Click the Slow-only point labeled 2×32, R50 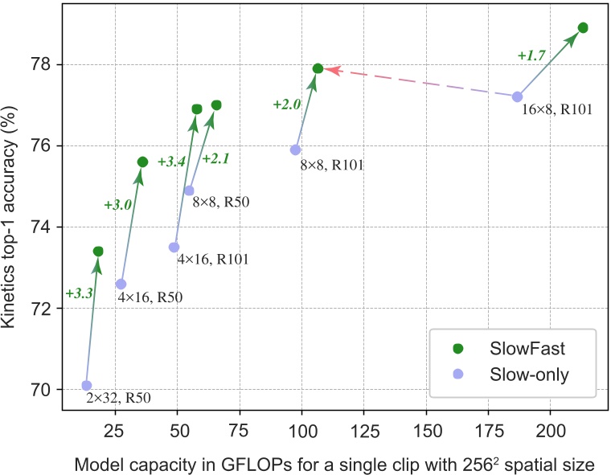coord(87,386)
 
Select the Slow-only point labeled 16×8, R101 coord(518,96)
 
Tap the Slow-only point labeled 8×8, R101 coord(296,149)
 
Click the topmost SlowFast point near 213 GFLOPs coord(583,28)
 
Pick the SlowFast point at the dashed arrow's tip coord(318,68)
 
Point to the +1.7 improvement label coord(532,55)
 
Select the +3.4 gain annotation coord(172,162)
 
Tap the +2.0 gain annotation coord(287,104)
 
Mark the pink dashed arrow coord(418,83)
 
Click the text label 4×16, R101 coord(212,260)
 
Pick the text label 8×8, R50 coord(221,203)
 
